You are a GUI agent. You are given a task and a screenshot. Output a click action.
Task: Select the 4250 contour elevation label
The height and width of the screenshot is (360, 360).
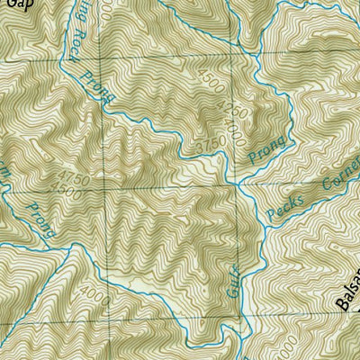[225, 111]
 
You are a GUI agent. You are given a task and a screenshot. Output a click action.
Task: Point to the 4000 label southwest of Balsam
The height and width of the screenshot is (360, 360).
[286, 346]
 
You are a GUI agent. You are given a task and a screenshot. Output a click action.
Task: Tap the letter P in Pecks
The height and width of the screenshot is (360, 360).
[272, 215]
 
